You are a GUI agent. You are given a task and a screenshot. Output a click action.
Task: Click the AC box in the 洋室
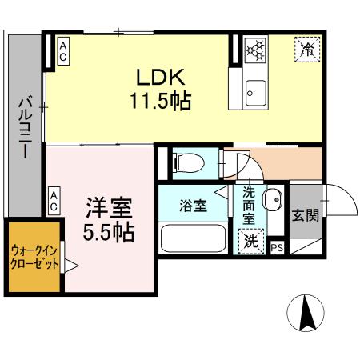(53, 201)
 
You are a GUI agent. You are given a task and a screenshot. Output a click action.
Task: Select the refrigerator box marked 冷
(307, 49)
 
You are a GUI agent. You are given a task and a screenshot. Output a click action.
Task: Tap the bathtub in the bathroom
(194, 238)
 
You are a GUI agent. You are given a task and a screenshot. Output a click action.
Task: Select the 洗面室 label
(249, 204)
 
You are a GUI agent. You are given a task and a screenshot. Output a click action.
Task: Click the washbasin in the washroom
(272, 198)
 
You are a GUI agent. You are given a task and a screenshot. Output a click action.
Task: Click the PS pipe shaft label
(277, 247)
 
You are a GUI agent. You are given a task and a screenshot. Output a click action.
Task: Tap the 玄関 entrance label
(304, 214)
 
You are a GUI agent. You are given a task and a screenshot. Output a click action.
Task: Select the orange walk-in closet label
(34, 258)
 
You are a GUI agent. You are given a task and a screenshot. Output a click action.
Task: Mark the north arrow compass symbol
(306, 313)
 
